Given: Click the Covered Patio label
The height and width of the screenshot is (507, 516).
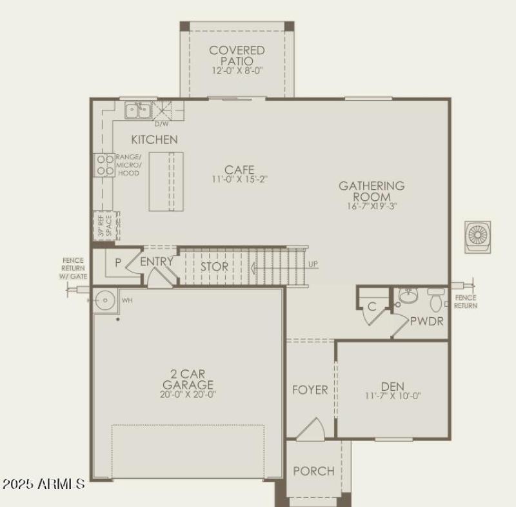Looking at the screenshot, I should tap(237, 55).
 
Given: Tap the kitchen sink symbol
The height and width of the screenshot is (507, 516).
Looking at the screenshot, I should tap(137, 110).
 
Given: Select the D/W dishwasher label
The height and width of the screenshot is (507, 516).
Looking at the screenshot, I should tap(161, 123).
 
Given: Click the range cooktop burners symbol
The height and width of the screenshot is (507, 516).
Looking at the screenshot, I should tap(104, 165).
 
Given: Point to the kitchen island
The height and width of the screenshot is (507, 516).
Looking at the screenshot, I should tap(166, 181).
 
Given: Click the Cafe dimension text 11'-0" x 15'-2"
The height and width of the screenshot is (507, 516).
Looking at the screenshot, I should tap(239, 179).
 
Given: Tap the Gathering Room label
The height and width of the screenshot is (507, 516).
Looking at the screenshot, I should tap(372, 191).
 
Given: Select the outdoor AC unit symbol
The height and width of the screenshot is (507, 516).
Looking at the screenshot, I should tap(478, 234).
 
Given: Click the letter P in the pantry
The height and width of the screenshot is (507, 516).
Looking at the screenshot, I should tap(118, 263).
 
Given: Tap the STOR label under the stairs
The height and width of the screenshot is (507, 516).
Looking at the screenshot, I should tap(213, 267).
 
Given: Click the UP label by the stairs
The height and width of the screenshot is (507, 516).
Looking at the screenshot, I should tap(313, 265).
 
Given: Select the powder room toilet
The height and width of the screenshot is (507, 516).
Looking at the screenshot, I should tap(436, 300).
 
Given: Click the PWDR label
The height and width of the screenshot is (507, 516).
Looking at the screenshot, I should tap(426, 320).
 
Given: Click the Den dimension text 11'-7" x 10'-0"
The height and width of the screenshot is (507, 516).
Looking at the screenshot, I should tap(392, 397).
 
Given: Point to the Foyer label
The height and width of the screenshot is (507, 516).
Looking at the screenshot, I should tap(310, 390).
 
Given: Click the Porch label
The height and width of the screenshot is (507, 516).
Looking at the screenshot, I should tap(313, 471).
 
